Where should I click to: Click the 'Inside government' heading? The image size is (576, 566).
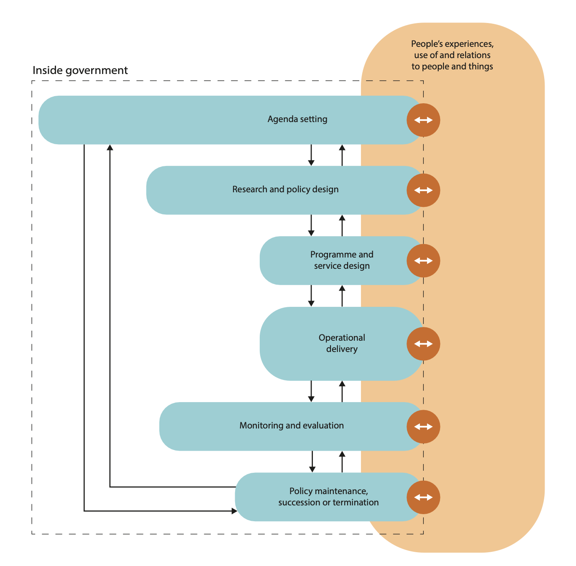click(80, 70)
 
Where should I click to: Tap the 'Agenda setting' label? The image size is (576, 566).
click(297, 119)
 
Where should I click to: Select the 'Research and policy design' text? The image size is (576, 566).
click(285, 189)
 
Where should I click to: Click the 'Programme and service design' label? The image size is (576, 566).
click(342, 260)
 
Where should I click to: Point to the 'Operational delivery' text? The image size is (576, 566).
click(342, 343)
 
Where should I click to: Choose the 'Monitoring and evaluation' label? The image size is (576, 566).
click(292, 426)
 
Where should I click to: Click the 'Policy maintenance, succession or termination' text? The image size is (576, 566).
click(328, 497)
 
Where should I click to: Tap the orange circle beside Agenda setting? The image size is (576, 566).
click(423, 120)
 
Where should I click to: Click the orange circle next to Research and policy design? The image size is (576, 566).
click(423, 190)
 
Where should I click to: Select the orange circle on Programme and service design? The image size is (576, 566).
click(423, 261)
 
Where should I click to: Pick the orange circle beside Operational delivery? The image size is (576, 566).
click(423, 344)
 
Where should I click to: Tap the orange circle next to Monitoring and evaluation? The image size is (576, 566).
click(423, 426)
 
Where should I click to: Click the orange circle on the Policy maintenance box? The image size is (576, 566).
click(423, 497)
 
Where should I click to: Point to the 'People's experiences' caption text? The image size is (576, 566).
click(452, 55)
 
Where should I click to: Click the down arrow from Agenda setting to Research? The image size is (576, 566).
click(311, 156)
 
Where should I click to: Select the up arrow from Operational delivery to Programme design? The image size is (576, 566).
click(342, 296)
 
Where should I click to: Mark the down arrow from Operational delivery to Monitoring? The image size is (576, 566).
click(311, 392)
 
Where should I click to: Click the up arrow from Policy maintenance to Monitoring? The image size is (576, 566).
click(342, 461)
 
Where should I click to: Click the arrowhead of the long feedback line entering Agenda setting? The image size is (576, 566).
click(110, 148)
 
